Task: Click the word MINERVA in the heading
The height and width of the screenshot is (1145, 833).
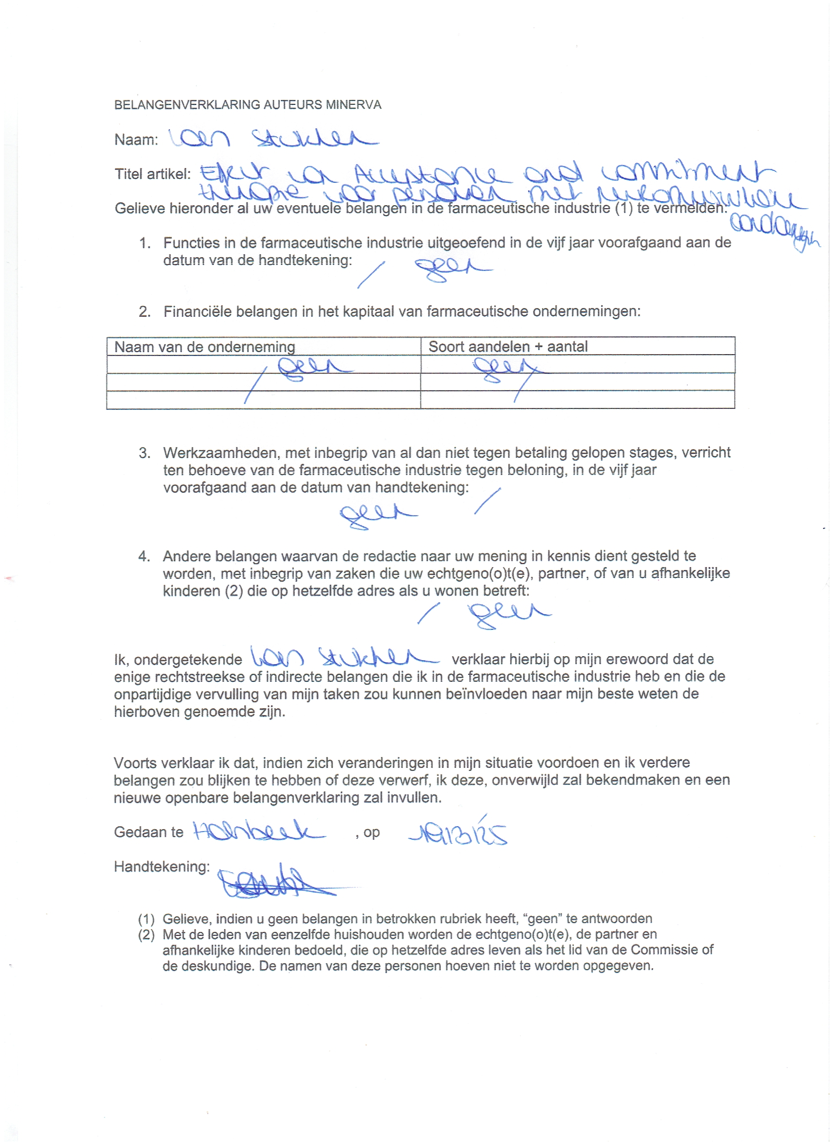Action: (354, 105)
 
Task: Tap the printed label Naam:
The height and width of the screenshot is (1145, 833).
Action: (136, 140)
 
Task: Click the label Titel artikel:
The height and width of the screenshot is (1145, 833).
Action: (152, 174)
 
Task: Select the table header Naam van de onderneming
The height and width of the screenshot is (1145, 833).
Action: (205, 347)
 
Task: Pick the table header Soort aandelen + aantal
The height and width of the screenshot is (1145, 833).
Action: (508, 347)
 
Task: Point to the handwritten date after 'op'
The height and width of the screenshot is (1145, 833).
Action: (457, 834)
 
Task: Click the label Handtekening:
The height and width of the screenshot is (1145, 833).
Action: (162, 866)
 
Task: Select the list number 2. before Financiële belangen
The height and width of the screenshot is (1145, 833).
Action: (145, 311)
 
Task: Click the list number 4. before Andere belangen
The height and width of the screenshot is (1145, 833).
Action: (144, 556)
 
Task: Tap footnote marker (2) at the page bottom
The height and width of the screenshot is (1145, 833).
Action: (146, 934)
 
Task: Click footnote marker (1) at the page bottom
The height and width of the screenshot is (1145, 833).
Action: (146, 918)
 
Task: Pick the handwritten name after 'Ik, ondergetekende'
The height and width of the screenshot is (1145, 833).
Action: (343, 658)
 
